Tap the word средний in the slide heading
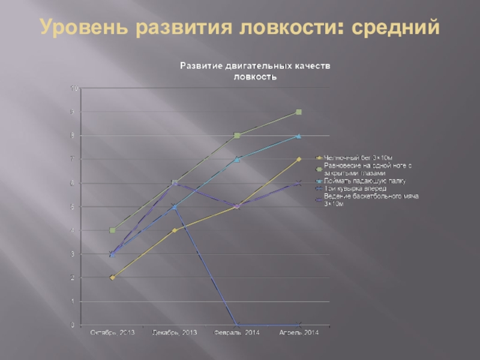395,28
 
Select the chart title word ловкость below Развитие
254,77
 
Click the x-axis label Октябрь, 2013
112,332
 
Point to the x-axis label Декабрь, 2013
175,332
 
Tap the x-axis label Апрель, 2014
299,332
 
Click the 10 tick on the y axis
75,88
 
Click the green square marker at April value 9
299,112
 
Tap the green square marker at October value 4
112,230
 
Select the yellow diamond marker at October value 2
112,278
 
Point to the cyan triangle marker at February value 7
236,159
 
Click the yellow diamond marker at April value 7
299,159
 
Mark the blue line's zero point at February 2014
236,325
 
